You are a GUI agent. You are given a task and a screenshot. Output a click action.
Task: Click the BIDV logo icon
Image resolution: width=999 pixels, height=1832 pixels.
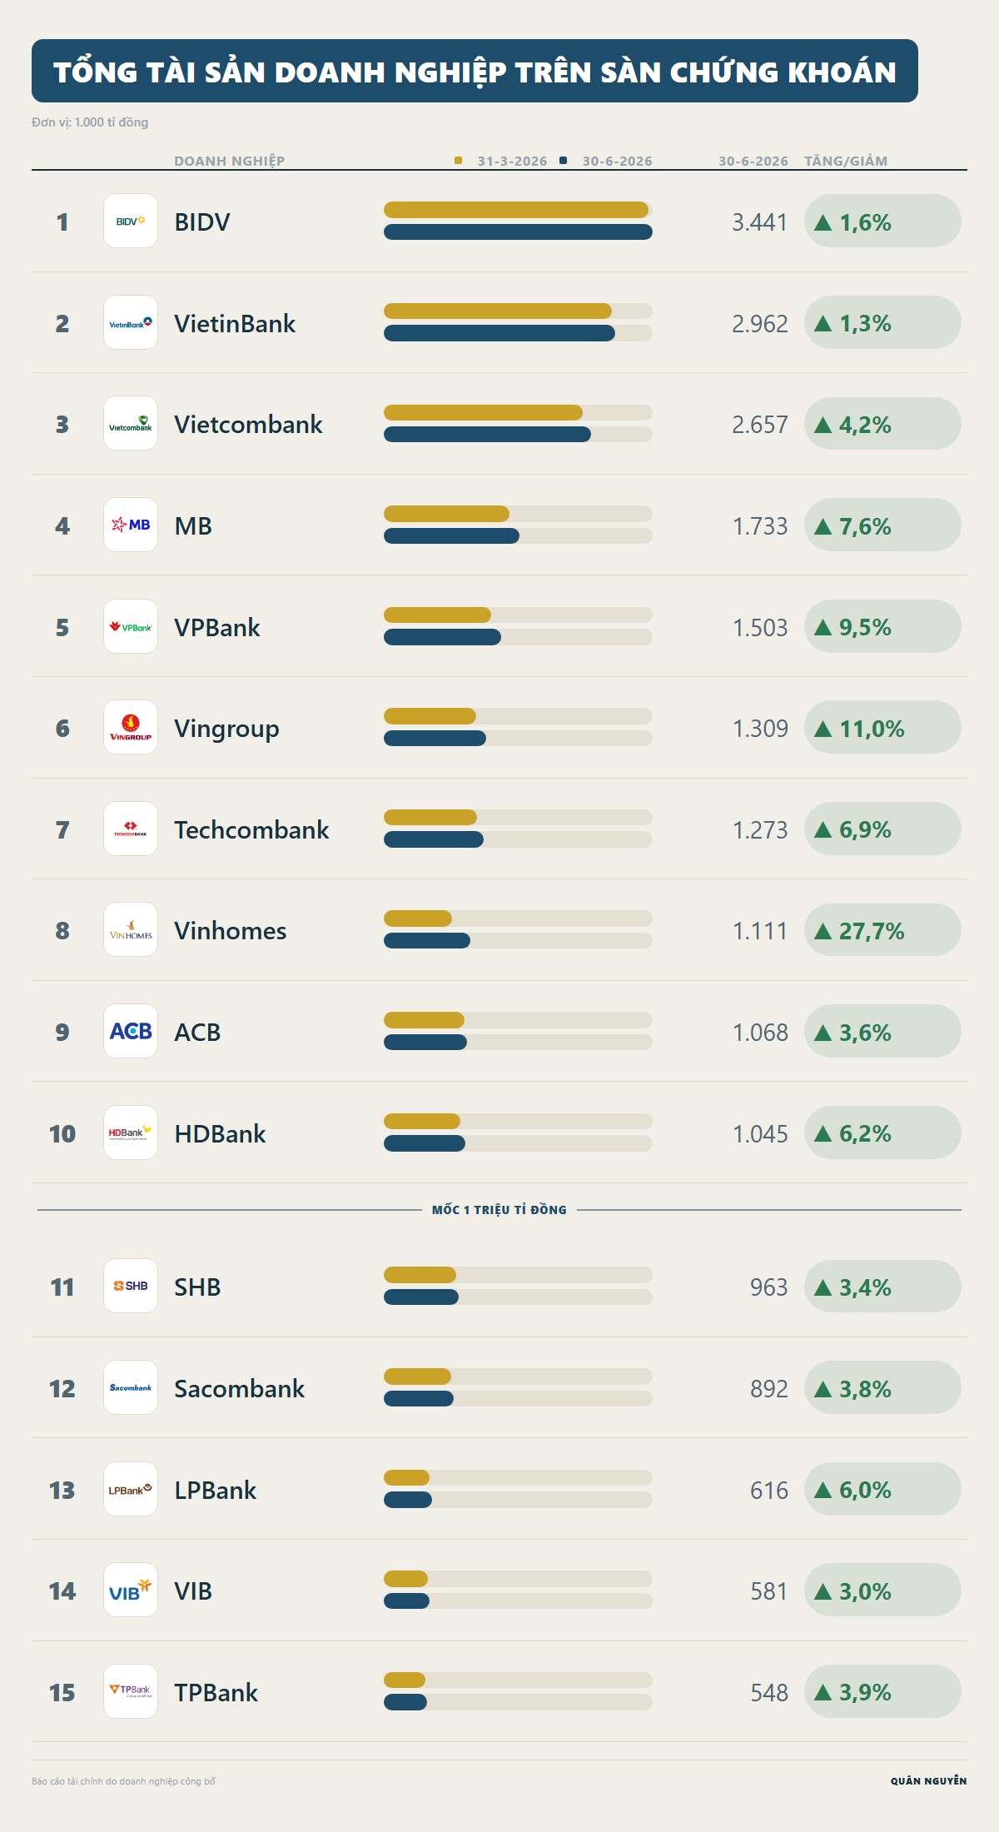click(131, 221)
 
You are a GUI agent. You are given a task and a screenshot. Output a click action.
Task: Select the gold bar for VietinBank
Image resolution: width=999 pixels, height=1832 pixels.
click(498, 311)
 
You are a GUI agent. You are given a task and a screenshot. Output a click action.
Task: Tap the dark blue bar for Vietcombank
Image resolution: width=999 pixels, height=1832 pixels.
click(487, 435)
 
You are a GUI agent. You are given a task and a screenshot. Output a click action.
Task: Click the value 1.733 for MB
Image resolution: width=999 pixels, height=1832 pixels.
click(760, 526)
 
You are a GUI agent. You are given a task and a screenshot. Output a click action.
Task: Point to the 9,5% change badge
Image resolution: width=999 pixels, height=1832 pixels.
click(882, 627)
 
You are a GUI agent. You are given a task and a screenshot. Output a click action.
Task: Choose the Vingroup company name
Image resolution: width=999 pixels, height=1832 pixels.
click(226, 729)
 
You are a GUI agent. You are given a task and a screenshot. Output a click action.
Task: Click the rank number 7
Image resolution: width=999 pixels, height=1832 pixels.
click(62, 830)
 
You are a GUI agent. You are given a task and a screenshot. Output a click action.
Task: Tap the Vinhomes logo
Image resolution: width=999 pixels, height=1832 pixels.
click(131, 930)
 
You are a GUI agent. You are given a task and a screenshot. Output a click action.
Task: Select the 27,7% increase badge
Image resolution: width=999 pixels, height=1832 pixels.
click(882, 930)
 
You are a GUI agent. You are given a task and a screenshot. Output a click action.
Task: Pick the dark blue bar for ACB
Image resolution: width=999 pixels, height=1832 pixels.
click(425, 1043)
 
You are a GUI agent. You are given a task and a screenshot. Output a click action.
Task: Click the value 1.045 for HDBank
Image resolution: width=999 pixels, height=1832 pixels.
click(760, 1134)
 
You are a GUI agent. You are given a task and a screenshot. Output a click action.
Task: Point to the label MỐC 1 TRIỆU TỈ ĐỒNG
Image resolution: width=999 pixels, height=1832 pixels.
click(499, 1210)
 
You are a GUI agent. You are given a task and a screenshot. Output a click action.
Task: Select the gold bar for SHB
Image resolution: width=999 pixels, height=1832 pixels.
click(420, 1275)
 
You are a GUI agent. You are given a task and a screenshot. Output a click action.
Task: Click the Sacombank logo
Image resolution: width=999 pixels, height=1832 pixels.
click(131, 1387)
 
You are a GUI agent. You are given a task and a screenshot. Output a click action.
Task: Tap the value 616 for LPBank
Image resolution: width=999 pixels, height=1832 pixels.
click(769, 1491)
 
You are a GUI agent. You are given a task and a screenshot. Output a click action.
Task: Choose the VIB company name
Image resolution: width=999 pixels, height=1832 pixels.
click(193, 1591)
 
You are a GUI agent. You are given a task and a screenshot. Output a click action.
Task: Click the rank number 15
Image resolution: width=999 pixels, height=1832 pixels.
click(62, 1693)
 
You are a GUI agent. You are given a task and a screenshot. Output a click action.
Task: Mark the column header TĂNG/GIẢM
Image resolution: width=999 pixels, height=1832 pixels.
click(846, 161)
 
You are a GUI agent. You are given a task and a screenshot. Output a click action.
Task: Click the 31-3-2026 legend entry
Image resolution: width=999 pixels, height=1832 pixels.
click(501, 161)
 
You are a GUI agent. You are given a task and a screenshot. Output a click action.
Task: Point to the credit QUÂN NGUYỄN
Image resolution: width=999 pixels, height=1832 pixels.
click(929, 1781)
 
